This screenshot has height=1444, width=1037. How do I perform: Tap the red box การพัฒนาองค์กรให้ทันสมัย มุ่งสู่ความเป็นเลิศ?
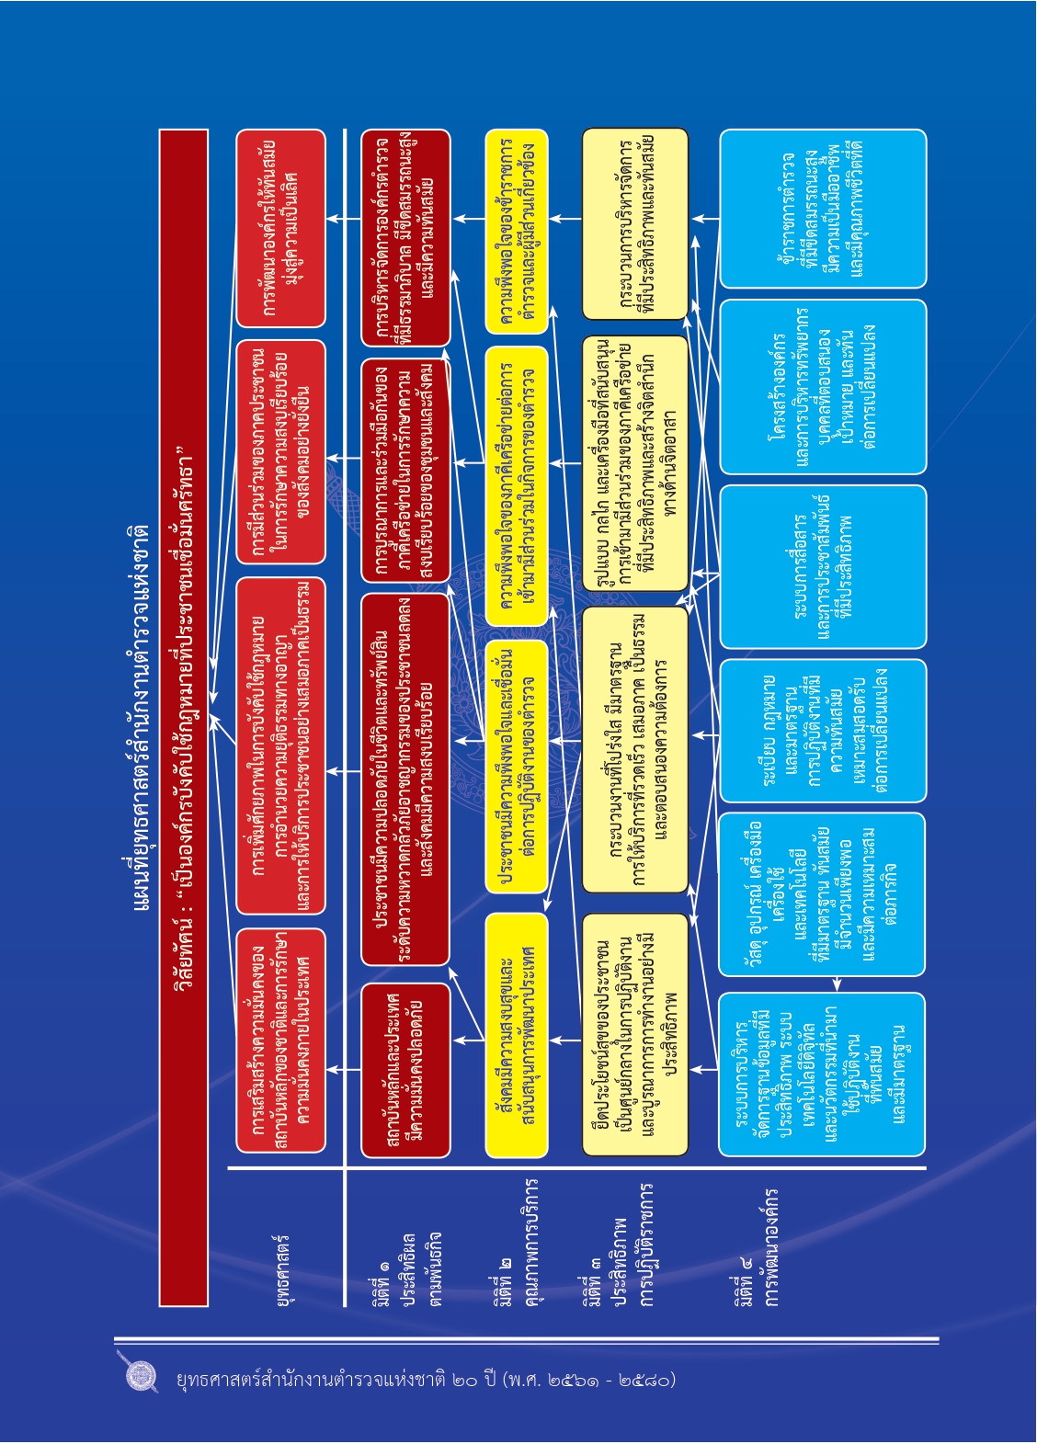coord(280,228)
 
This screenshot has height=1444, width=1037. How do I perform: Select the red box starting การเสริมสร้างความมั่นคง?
coord(280,1040)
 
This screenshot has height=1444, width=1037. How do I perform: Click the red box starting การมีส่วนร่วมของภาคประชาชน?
coord(280,451)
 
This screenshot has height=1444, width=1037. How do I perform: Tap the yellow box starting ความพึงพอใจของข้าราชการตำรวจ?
coord(516,232)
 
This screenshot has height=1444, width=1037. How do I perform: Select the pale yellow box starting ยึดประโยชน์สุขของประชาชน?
coord(634,1035)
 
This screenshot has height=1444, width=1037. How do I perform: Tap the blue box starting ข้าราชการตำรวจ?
coord(822,210)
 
